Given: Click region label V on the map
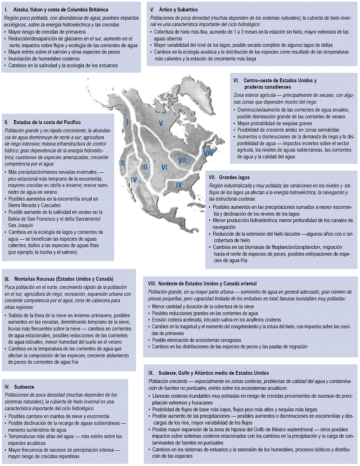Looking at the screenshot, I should tap(160, 123).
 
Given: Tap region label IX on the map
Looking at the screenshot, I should tap(179, 185).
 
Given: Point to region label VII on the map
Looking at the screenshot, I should tap(182, 160).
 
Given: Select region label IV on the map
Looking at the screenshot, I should tap(133, 180).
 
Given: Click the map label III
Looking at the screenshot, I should tap(144, 167).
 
